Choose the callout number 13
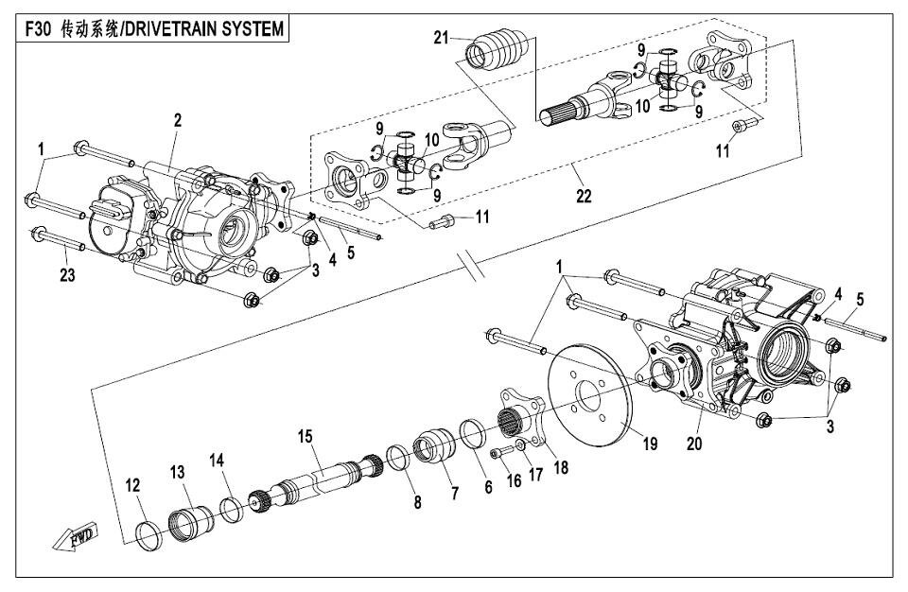click(x=178, y=472)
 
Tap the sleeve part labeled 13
click(x=190, y=519)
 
